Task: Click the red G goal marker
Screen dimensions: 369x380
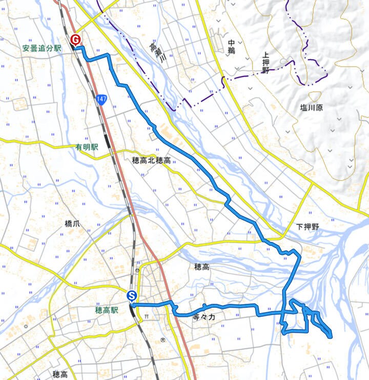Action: pyautogui.click(x=76, y=40)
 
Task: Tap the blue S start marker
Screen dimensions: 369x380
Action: pyautogui.click(x=132, y=296)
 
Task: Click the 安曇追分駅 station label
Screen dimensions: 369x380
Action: pyautogui.click(x=42, y=49)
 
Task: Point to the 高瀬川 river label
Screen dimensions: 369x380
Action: pyautogui.click(x=156, y=53)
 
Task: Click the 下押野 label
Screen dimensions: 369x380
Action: pyautogui.click(x=307, y=226)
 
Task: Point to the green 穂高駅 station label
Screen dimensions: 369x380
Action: pyautogui.click(x=107, y=310)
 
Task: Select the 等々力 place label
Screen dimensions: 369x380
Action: pyautogui.click(x=204, y=318)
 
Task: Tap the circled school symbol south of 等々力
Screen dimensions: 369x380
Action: pyautogui.click(x=162, y=340)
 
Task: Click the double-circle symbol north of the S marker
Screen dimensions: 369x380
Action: pyautogui.click(x=138, y=270)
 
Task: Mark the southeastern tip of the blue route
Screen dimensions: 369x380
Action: pyautogui.click(x=330, y=336)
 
